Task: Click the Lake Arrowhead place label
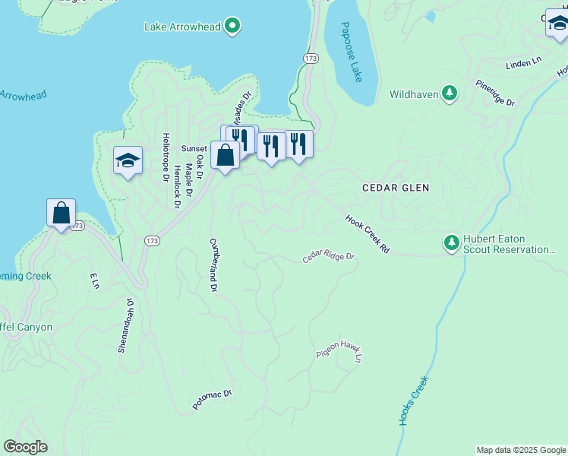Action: tap(182, 27)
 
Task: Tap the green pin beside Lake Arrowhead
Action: tap(233, 27)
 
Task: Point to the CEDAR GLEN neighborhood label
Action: tap(396, 188)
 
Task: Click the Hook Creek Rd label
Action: tap(367, 233)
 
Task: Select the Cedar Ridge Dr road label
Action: tap(329, 256)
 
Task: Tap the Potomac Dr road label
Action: tap(212, 400)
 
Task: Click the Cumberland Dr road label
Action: tap(213, 264)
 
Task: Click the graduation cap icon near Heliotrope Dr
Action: tap(128, 160)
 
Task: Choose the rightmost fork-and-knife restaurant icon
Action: tap(299, 144)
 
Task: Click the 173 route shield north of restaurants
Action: tap(311, 58)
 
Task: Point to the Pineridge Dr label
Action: tap(495, 92)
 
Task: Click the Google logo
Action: tap(25, 447)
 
